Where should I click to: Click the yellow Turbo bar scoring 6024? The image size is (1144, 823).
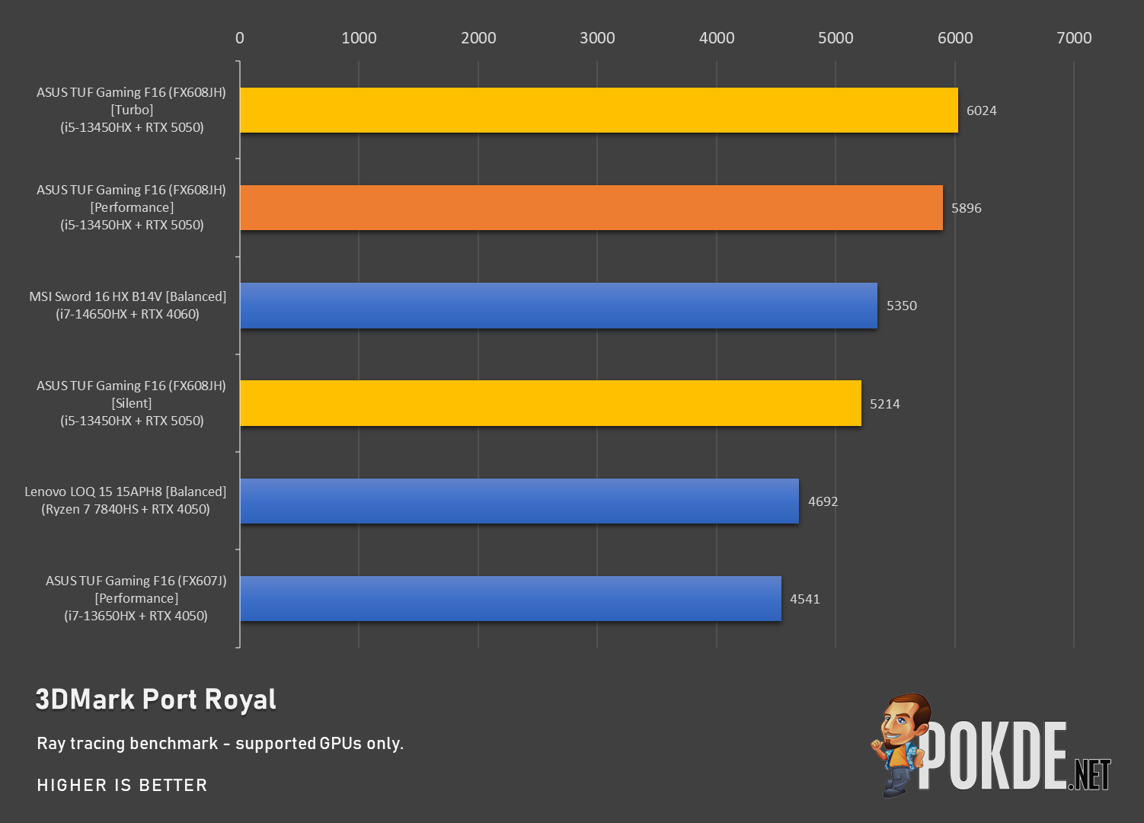click(599, 110)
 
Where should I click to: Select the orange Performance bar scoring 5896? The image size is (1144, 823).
click(591, 208)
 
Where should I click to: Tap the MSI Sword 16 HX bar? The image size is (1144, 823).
click(559, 306)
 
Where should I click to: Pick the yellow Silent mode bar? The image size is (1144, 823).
click(551, 403)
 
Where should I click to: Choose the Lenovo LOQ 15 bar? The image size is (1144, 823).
click(519, 501)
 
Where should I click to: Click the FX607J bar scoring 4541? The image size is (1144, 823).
click(511, 599)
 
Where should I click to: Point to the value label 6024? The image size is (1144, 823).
click(982, 110)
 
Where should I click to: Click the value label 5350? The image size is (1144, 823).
click(902, 306)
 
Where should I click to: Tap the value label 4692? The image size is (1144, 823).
click(823, 501)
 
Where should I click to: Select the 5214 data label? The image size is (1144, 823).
click(885, 404)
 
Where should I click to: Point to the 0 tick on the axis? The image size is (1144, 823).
click(239, 38)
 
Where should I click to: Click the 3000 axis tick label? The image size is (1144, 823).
click(597, 38)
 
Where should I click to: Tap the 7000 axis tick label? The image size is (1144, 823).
click(1074, 38)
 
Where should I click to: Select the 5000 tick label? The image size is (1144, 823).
click(836, 38)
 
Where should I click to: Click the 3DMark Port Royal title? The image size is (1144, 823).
click(156, 700)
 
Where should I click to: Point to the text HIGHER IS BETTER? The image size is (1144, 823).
click(122, 785)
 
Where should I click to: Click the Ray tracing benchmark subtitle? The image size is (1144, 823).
click(220, 744)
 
